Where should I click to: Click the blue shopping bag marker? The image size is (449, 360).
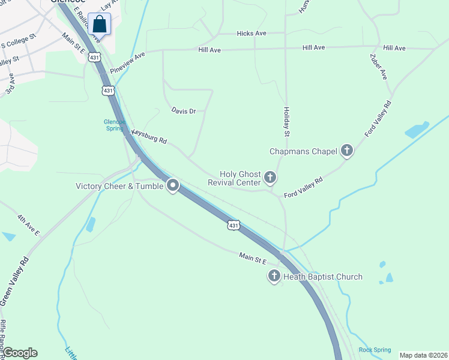[99, 25]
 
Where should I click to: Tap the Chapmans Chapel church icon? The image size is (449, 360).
[346, 151]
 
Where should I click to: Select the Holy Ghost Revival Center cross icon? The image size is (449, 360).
[270, 178]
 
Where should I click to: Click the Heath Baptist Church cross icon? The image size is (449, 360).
[274, 277]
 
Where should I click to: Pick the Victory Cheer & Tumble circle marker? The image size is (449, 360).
[173, 185]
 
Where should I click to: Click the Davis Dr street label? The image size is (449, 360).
[184, 111]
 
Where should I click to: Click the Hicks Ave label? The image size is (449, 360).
[252, 34]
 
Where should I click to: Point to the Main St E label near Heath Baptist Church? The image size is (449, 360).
[252, 257]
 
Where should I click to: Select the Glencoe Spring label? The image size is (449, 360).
[113, 125]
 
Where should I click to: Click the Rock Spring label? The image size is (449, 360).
[375, 350]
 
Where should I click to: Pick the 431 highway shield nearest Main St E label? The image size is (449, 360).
[234, 226]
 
